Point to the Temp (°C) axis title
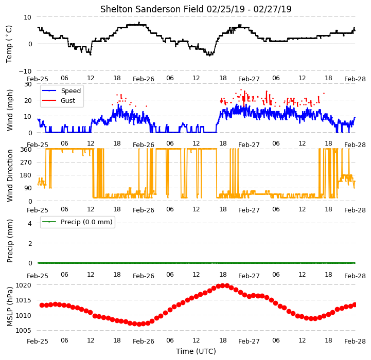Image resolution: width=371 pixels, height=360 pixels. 9,44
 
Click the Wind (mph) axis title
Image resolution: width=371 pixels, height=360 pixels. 9,110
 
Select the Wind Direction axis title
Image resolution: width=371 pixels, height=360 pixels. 9,175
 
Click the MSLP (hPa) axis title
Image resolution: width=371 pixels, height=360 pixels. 9,307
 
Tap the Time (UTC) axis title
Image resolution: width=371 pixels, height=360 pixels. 196,351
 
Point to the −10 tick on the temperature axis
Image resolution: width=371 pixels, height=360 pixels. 25,71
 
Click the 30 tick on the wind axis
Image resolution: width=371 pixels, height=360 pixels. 28,84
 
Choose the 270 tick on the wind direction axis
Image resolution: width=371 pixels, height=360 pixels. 26,163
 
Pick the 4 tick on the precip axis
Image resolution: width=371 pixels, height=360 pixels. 29,223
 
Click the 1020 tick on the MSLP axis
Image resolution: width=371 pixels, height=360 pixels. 23,285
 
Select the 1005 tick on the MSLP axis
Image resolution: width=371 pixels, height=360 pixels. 23,331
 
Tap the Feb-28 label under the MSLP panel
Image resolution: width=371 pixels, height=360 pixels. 355,341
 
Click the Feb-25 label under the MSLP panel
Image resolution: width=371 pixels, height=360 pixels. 38,341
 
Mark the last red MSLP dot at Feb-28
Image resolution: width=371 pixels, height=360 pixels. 355,304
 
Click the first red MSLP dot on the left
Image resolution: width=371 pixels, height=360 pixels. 42,305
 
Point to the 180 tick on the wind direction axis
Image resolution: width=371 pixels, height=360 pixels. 26,175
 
